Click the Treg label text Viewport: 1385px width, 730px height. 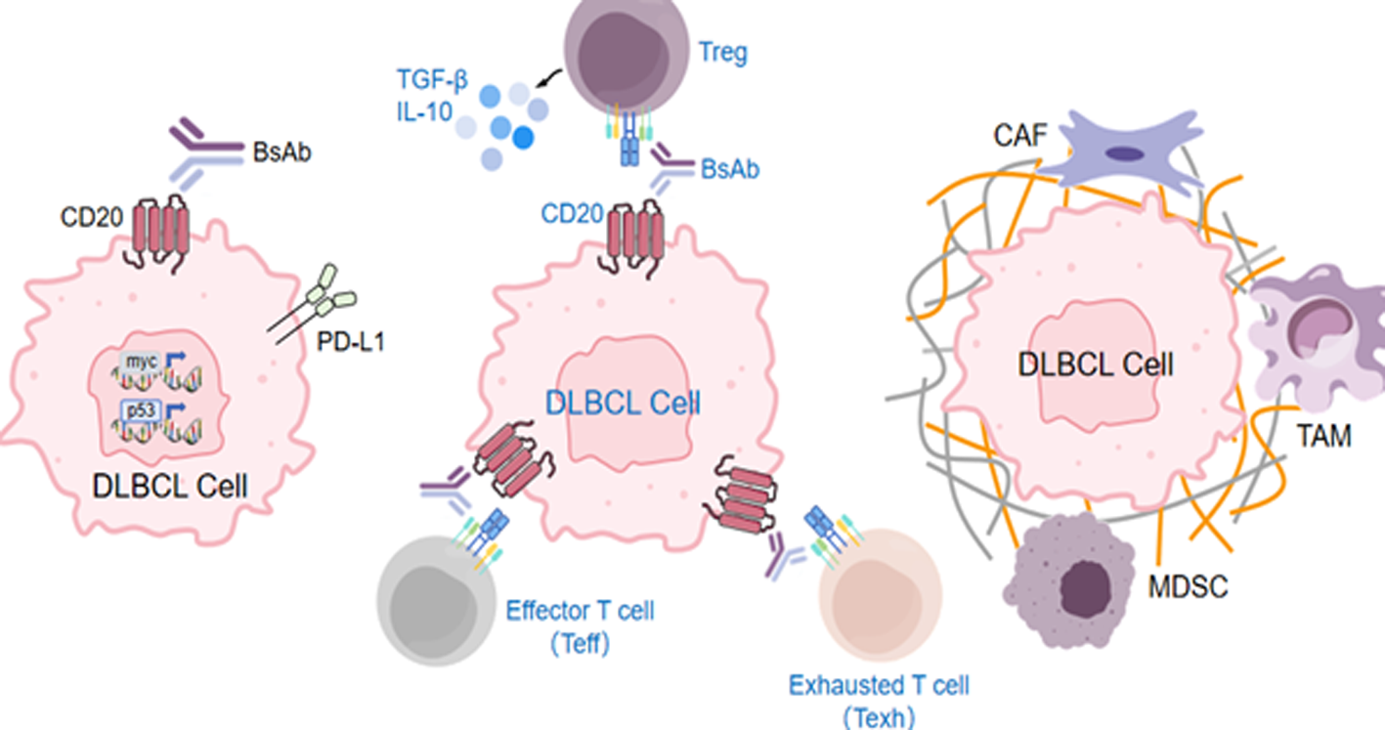[x=724, y=52]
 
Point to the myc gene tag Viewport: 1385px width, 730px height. [x=138, y=362]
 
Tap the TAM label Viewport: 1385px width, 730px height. [x=1324, y=436]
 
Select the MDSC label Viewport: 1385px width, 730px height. [x=1188, y=586]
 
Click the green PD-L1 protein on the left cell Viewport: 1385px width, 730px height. [x=332, y=292]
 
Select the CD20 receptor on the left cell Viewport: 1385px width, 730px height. [x=160, y=234]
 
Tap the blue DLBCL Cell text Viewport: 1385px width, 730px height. [x=623, y=403]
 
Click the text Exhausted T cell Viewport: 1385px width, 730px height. [x=879, y=684]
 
